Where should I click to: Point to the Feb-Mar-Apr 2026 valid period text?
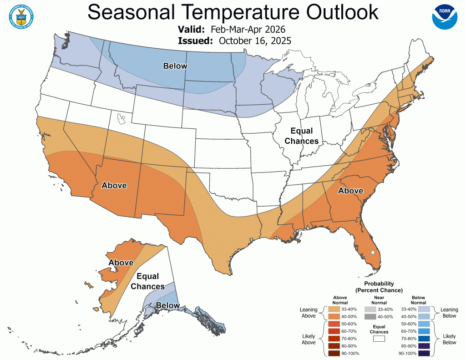[x=248, y=30]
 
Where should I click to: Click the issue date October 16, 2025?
[x=255, y=41]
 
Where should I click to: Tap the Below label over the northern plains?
[x=175, y=66]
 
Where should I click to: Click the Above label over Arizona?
[x=114, y=185]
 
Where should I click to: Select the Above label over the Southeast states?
[x=350, y=191]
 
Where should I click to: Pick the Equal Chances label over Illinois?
[x=301, y=136]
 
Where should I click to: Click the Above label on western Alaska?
[x=121, y=263]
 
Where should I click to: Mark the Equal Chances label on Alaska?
[x=148, y=281]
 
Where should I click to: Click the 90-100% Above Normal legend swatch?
[x=333, y=353]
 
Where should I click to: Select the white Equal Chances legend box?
[x=379, y=339]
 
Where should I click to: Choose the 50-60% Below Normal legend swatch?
[x=424, y=324]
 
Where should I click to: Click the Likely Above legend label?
[x=309, y=339]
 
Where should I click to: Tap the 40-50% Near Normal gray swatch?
[x=370, y=316]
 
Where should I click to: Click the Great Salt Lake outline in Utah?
[x=121, y=120]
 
